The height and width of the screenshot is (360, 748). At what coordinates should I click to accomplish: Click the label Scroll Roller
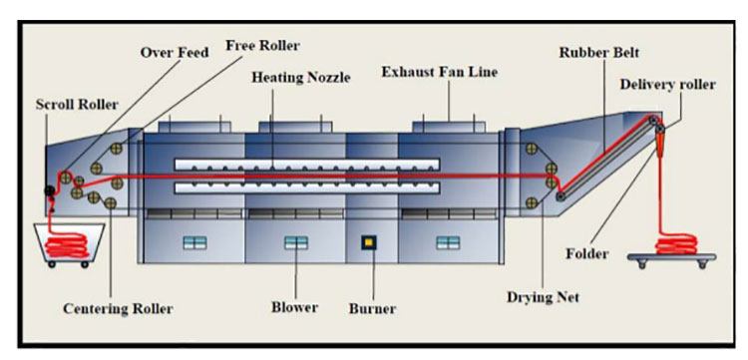point(77,105)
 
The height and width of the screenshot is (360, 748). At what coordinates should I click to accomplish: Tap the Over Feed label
point(175,52)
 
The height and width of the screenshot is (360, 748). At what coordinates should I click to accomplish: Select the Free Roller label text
point(262,45)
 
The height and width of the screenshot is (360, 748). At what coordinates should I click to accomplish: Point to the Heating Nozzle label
point(301,77)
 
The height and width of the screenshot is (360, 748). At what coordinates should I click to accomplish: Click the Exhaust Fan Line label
point(440,72)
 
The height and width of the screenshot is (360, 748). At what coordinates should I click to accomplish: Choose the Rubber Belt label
point(599,53)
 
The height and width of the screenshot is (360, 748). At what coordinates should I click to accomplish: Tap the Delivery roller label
point(668,85)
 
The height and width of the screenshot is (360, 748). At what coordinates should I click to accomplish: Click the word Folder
point(587,253)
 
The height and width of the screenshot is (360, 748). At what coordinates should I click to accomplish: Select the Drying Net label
point(543,297)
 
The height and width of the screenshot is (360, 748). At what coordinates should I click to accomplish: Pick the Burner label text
point(372,308)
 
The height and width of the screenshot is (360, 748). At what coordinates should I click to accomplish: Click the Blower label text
point(295,307)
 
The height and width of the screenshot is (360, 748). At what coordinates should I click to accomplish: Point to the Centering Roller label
point(118,308)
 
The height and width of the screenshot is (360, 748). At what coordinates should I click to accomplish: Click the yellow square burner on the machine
point(368,243)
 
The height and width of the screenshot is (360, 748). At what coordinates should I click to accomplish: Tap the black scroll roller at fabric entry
point(49,190)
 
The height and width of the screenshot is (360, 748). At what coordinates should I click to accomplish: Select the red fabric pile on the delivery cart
point(676,244)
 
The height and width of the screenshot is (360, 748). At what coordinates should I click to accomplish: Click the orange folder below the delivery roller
point(660,145)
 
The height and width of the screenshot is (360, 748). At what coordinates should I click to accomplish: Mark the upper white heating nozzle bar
point(307,165)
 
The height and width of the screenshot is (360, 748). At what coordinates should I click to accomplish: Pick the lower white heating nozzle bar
point(307,187)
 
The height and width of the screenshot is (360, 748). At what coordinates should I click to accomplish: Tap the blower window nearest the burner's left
point(296,243)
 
